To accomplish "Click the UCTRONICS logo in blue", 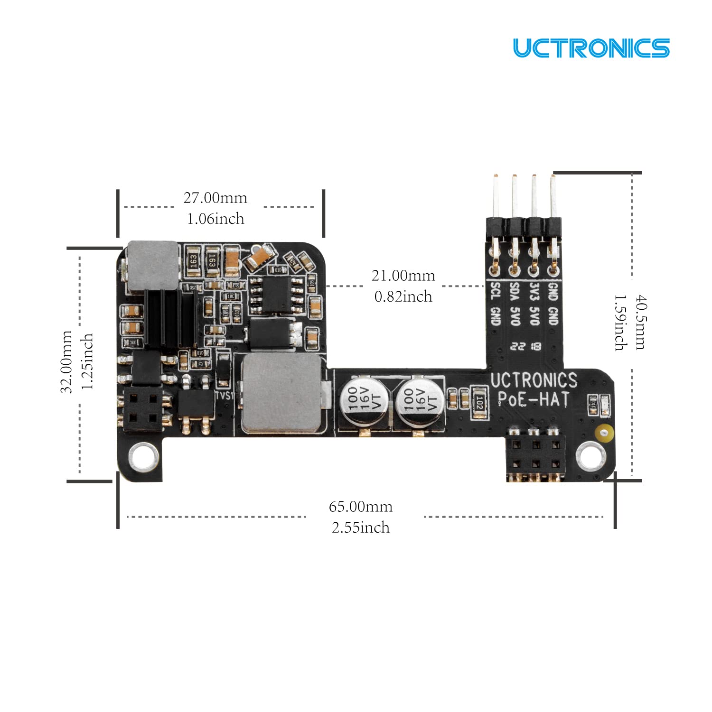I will tap(591, 48).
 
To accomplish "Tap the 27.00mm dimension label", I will tap(215, 198).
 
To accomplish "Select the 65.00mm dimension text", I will tap(361, 507).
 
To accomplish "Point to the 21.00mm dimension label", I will tap(403, 276).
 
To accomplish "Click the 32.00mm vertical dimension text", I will tap(67, 361).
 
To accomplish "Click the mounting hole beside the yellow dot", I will tap(590, 456).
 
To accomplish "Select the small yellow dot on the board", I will tap(603, 433).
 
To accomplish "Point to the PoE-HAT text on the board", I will tap(533, 400).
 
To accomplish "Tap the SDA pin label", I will tap(515, 291).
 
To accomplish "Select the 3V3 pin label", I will tap(534, 291).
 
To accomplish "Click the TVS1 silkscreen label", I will tap(225, 395).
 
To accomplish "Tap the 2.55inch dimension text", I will tap(361, 527).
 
